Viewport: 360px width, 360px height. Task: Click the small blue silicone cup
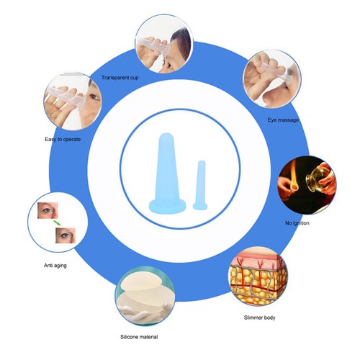[x=200, y=185]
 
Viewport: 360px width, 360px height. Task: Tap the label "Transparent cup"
[x=120, y=78]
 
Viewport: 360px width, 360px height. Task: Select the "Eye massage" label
[x=283, y=120]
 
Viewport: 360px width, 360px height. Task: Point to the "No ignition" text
[x=297, y=223]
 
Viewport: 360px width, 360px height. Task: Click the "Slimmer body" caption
[x=259, y=318]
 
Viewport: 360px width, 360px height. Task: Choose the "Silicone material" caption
[x=139, y=337]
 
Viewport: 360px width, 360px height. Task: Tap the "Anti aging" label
[x=55, y=266]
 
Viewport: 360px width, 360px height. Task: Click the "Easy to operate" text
[x=63, y=139]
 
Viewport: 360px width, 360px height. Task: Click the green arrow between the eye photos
[x=57, y=223]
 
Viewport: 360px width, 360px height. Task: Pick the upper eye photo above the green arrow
[x=48, y=210]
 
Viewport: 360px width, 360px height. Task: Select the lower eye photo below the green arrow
[x=66, y=235]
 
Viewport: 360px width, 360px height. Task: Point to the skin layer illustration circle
[x=258, y=276]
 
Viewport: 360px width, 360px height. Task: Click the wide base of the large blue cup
[x=167, y=207]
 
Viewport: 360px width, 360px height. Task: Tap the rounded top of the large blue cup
[x=166, y=138]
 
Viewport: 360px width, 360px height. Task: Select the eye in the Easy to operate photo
[x=94, y=97]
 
